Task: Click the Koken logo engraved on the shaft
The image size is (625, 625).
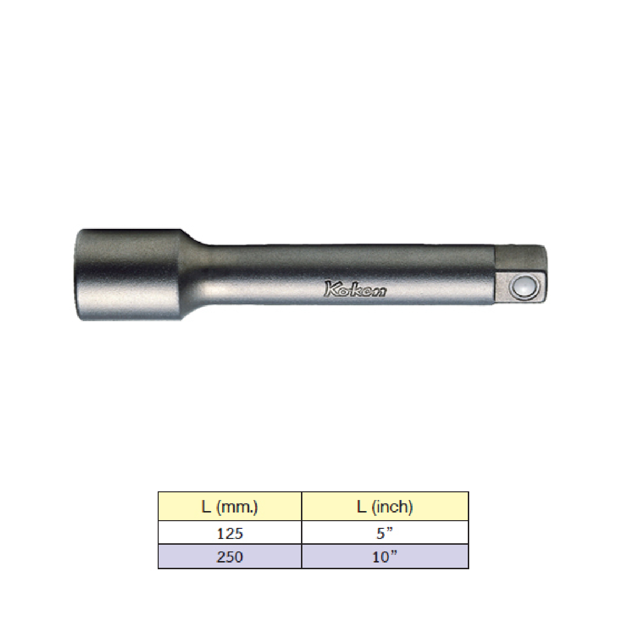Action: point(355,289)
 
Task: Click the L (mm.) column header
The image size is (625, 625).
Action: point(230,507)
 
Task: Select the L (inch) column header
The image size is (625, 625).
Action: point(385,507)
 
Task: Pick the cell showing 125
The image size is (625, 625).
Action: point(230,533)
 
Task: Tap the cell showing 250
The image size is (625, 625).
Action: point(230,557)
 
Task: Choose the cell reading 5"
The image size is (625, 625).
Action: point(385,533)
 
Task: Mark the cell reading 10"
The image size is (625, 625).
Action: point(385,557)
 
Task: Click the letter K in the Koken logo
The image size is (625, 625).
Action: point(331,288)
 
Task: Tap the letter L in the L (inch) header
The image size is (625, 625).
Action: point(362,507)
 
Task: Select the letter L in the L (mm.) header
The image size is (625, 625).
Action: point(206,507)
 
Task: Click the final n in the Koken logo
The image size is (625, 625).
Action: point(379,291)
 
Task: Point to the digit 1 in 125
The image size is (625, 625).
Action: point(220,534)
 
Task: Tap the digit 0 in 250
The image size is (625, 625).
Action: point(238,557)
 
